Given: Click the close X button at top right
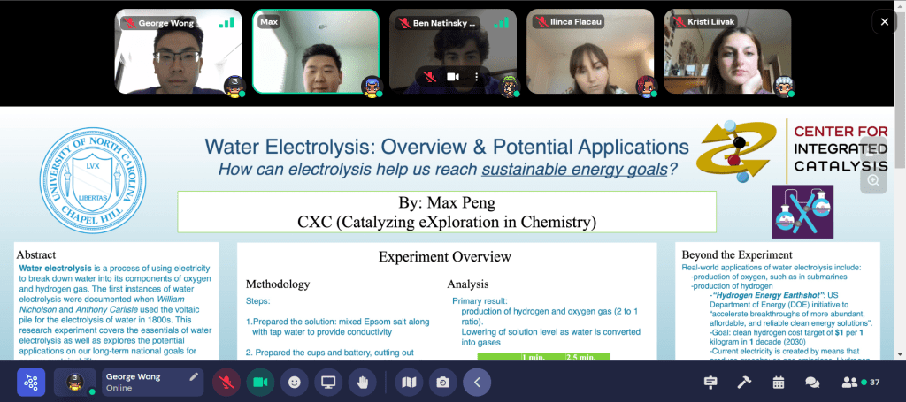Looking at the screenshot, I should tap(885, 21).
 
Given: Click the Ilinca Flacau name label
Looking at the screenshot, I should tap(572, 22).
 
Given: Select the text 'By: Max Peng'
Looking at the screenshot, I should tap(447, 201).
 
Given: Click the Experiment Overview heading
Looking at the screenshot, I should tap(445, 257).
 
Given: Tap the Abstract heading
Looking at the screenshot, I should tap(42, 254).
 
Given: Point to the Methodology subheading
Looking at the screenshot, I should tap(277, 284).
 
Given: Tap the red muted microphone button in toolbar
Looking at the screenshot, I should tap(227, 383).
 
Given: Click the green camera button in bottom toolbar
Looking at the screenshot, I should tap(260, 383).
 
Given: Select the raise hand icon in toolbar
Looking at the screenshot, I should tap(361, 383).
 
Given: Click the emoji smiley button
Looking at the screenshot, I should tap(295, 383).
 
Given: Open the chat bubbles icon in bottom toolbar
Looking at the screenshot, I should tap(811, 383).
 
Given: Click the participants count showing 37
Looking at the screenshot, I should tap(861, 383).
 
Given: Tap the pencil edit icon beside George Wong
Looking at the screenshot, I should tap(194, 376).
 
